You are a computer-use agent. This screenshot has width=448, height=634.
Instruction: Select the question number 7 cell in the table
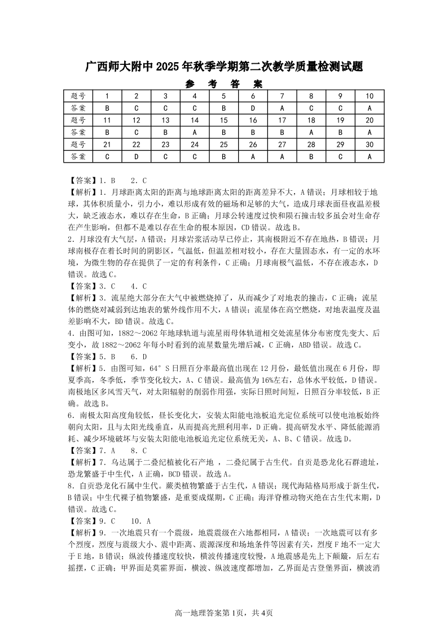click(282, 96)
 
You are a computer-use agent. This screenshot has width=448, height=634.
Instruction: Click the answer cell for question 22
click(136, 156)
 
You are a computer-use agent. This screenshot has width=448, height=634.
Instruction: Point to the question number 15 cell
click(223, 120)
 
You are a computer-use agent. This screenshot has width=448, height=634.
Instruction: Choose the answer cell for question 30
click(370, 156)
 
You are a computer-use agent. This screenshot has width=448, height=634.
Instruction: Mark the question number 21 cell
click(107, 145)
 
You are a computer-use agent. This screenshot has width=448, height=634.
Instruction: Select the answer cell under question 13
click(165, 132)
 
